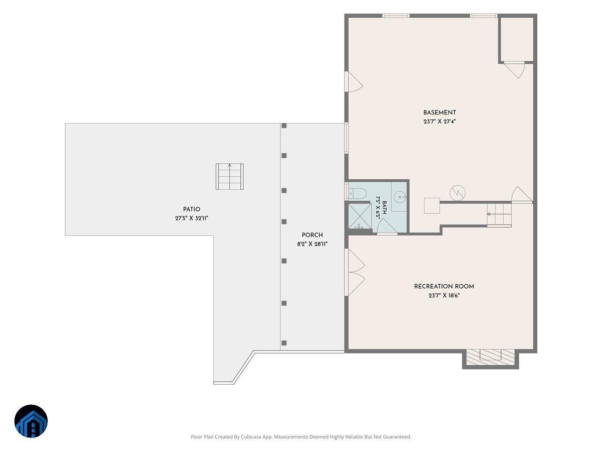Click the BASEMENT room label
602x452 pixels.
[439, 112]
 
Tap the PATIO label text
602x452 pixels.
[192, 209]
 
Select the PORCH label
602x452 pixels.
[312, 235]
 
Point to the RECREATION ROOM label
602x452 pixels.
[444, 286]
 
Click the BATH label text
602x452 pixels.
[384, 208]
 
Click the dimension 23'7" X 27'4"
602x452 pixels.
[439, 122]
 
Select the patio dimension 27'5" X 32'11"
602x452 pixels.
[192, 218]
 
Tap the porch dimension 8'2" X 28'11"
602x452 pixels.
[312, 244]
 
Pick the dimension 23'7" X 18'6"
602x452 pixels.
[444, 296]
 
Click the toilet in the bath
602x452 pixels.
[357, 194]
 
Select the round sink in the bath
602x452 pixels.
[400, 197]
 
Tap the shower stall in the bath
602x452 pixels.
[360, 216]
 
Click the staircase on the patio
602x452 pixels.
[230, 176]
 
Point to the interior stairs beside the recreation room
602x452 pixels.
[499, 215]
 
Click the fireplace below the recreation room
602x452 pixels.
[490, 359]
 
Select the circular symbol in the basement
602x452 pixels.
[458, 193]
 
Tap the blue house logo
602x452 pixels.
[31, 421]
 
